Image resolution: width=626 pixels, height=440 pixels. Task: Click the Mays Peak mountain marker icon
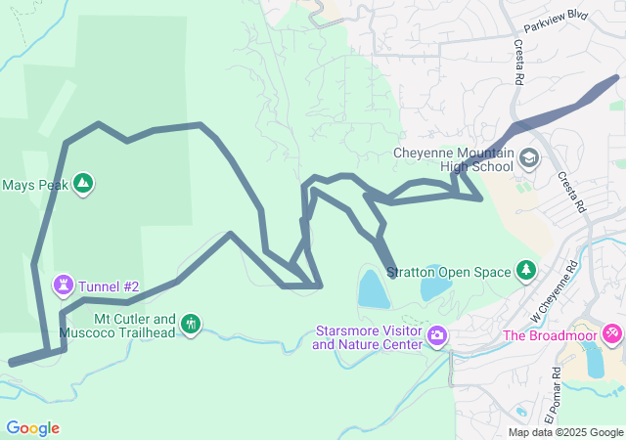point(83,183)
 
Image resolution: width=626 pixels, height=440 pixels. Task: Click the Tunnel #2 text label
point(110,286)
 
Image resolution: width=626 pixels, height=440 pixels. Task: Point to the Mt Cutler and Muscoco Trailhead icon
point(190,323)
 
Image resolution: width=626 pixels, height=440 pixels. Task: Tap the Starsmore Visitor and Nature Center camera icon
point(436,337)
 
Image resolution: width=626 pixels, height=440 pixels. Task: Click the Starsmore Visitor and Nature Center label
point(369,337)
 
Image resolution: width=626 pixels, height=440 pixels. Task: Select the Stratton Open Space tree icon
point(526,269)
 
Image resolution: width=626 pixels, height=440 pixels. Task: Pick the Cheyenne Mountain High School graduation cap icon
point(528,157)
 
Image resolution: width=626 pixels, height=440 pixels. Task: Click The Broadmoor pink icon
point(611,333)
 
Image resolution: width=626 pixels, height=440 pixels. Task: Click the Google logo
point(32,427)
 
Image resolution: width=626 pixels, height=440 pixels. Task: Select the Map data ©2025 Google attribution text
point(564,432)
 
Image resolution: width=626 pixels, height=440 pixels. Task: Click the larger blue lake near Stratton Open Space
point(373,289)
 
